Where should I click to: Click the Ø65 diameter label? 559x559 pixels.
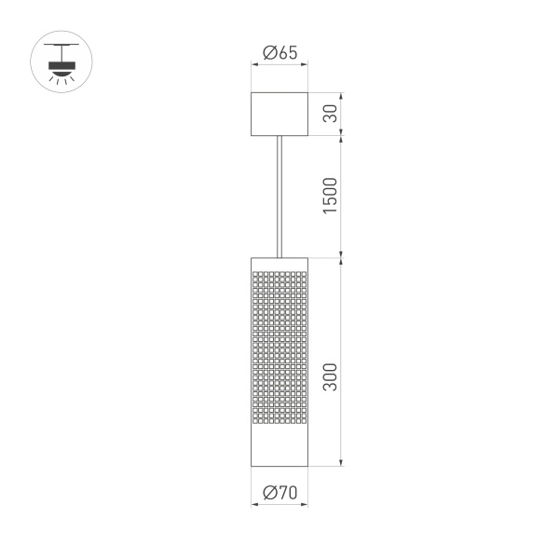279,53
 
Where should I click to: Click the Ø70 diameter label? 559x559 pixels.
279,493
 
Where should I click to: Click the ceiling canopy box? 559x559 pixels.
279,114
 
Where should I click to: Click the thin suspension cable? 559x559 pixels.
279,196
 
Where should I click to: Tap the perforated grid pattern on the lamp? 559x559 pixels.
279,345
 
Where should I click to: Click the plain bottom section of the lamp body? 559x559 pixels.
279,443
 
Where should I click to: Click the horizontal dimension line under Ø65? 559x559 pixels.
279,65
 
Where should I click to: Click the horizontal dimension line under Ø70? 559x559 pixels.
279,505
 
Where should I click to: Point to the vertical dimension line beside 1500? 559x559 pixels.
344,196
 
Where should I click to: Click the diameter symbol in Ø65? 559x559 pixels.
267,53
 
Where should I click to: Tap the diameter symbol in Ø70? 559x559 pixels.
267,493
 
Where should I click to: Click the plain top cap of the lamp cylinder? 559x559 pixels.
279,262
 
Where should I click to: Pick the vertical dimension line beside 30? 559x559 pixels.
344,114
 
